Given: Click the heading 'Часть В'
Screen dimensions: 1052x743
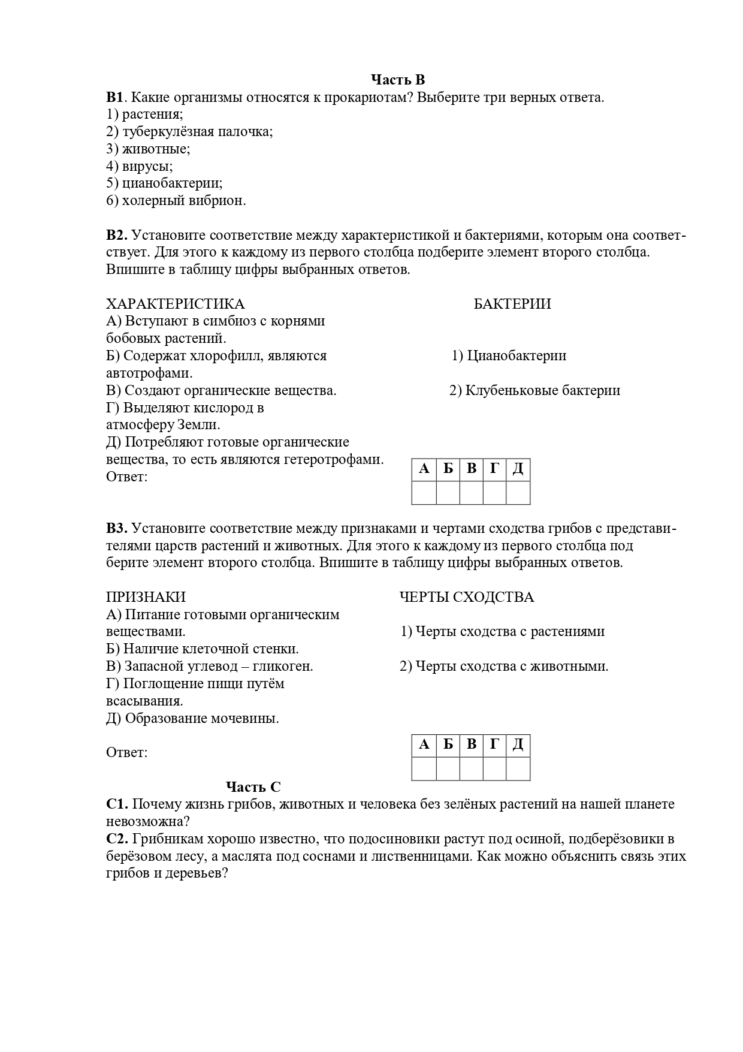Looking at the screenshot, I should click(x=397, y=80).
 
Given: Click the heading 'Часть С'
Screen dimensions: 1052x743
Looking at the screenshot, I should click(x=253, y=787).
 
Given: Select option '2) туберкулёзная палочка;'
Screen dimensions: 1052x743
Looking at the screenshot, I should click(x=189, y=131).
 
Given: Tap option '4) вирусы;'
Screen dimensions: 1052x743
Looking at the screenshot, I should click(x=140, y=166).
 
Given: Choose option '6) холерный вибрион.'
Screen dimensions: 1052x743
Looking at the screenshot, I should click(x=176, y=201).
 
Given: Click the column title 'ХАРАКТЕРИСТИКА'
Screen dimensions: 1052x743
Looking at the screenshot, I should click(x=176, y=304).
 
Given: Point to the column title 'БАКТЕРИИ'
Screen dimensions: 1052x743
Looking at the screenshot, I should click(x=512, y=304).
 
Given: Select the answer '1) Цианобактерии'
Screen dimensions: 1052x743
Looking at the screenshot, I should click(x=509, y=355).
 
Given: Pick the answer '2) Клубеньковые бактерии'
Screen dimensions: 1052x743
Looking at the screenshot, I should click(x=534, y=390).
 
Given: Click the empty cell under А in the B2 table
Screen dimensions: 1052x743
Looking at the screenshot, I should click(x=424, y=493).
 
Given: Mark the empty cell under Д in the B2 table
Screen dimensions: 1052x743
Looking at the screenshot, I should click(x=518, y=493).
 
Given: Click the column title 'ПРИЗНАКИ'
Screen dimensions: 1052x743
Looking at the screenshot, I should click(x=146, y=597).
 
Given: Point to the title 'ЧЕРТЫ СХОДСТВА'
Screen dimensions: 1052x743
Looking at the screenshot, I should click(x=467, y=597).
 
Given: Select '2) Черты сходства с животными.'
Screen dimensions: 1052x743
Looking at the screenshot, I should click(x=504, y=666).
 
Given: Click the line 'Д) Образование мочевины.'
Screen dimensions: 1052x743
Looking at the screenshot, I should click(x=192, y=718).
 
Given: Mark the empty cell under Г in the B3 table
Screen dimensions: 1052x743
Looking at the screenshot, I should click(x=494, y=768).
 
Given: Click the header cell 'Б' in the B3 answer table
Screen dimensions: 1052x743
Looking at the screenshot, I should click(x=448, y=745).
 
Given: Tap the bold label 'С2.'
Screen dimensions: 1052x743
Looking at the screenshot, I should click(x=117, y=839).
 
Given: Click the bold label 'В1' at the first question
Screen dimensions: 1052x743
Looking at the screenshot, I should click(x=114, y=97).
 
